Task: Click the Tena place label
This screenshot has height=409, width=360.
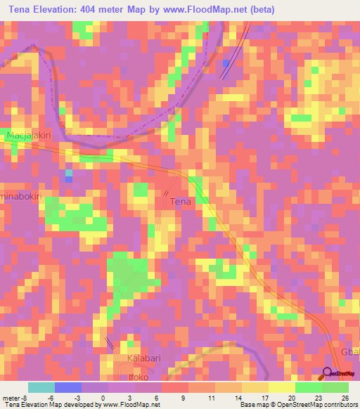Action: coord(181,202)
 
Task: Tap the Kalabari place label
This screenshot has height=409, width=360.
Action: coord(146,359)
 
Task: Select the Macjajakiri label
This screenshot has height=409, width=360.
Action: coord(28,134)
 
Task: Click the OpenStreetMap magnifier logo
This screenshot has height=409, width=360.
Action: coord(328,372)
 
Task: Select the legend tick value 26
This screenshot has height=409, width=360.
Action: coord(344,397)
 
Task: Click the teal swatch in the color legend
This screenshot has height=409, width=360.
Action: coord(41,387)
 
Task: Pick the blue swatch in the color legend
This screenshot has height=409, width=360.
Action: coord(68,387)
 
